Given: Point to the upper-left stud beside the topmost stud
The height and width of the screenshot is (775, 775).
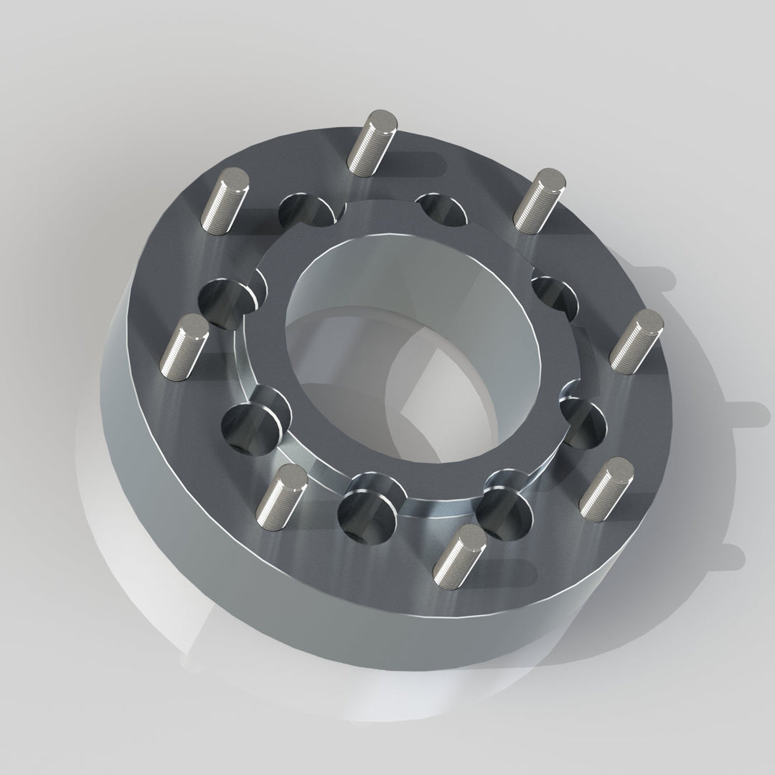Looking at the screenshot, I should click(x=225, y=201).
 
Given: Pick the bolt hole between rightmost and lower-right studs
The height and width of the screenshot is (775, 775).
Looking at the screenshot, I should click(x=583, y=424).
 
